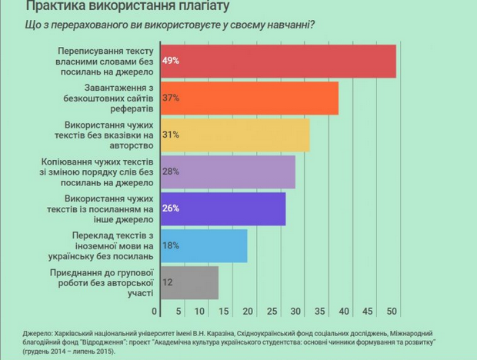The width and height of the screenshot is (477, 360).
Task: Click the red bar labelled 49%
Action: point(277,61)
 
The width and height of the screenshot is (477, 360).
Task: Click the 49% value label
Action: point(170,61)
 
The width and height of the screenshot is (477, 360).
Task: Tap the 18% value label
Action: point(170,245)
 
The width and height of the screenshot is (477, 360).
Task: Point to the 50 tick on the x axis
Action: point(392,312)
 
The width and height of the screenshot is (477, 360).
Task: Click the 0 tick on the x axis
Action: point(155,312)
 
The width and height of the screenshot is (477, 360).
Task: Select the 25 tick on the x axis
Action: point(273,312)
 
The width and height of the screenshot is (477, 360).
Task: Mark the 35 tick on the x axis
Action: point(321,312)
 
